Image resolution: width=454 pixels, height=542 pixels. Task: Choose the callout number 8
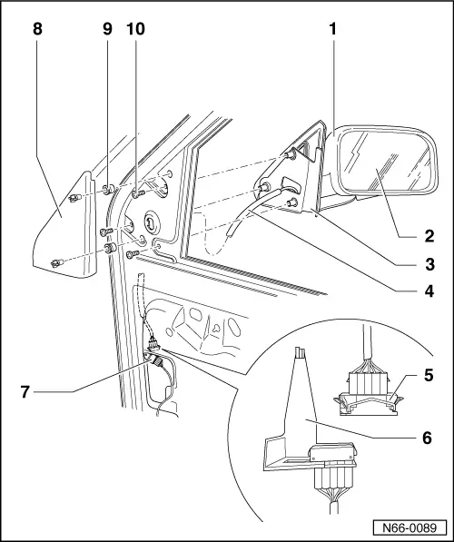coord(36,29)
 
